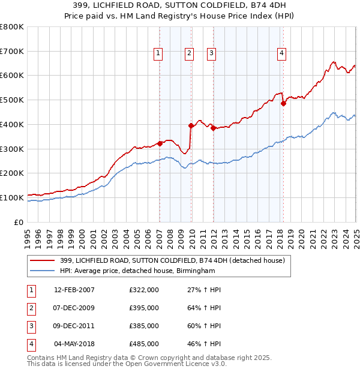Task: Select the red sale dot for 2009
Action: (191, 125)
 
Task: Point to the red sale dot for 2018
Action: (283, 103)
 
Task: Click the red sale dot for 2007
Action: (160, 143)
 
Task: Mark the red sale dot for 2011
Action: (213, 128)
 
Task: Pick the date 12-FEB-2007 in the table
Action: (74, 290)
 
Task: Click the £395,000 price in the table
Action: (144, 308)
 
